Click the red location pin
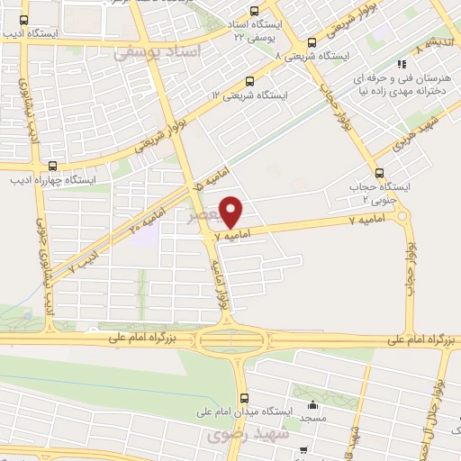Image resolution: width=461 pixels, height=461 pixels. click(x=232, y=212)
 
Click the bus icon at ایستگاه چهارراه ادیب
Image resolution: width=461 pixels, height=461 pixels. click(x=52, y=166)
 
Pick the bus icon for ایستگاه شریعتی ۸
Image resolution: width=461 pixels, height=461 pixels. click(x=312, y=41)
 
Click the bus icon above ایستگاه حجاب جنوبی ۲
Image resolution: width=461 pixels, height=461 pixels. click(x=378, y=174)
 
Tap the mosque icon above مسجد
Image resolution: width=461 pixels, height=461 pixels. click(x=312, y=403)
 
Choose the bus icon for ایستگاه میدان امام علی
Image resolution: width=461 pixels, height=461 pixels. click(x=242, y=398)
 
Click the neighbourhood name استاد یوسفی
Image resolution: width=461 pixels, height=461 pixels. click(x=162, y=53)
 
